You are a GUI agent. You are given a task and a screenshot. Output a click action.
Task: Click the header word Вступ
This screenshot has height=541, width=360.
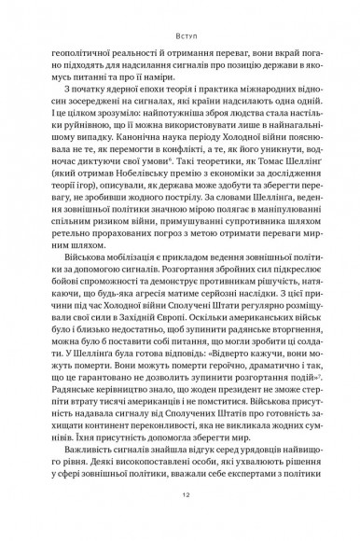coord(180,40)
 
